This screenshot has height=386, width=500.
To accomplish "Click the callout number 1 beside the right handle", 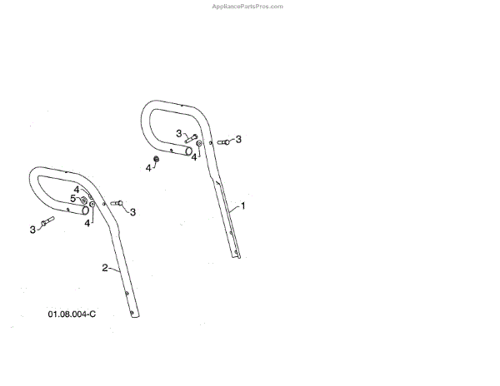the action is (x=243, y=204).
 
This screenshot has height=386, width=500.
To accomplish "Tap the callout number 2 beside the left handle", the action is (x=105, y=267).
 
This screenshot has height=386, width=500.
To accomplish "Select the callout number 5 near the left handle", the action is (x=72, y=198).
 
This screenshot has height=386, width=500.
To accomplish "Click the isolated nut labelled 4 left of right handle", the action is (x=157, y=159).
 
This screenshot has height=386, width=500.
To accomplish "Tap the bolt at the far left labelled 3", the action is (x=46, y=221).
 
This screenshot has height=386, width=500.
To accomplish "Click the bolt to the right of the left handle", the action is (x=117, y=203).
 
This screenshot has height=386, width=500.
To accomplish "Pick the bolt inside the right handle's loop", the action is (x=191, y=137).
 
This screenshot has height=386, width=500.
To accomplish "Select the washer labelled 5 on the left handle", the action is (x=84, y=199).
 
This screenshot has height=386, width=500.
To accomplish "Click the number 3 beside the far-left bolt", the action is (x=32, y=229).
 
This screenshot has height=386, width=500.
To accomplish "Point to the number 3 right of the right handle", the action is (x=238, y=139).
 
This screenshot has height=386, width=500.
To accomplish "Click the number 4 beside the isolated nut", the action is (x=148, y=168).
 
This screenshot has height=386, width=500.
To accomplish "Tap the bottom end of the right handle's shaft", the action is (x=237, y=255).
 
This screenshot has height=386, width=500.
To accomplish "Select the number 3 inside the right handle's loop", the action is (x=178, y=133).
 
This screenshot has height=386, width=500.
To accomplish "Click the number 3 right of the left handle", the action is (x=132, y=211).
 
